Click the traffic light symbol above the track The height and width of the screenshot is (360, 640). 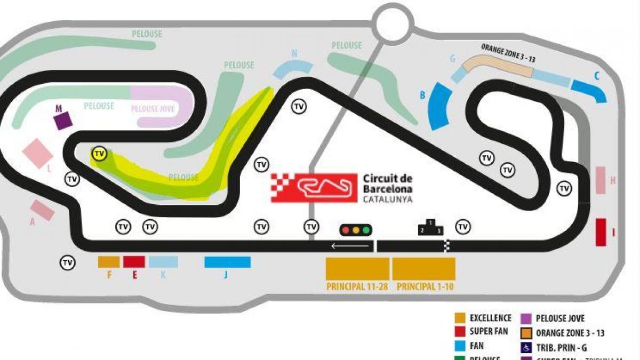tap(356, 230)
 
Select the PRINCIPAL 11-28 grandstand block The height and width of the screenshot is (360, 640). tap(357, 269)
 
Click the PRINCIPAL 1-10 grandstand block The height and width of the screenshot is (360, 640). tap(423, 269)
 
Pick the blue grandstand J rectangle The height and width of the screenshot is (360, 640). tap(227, 262)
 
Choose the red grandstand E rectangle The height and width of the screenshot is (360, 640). tap(134, 262)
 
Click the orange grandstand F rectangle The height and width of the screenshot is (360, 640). tap(109, 262)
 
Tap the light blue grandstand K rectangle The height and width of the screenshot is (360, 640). tap(163, 262)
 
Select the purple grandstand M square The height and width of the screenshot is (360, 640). tap(63, 121)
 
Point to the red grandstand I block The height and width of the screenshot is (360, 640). tap(601, 232)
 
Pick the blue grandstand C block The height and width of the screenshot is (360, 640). tap(589, 90)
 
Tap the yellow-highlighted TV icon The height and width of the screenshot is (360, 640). tap(99, 154)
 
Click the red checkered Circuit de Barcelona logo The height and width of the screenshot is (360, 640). tap(314, 188)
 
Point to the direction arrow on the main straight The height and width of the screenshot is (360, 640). tap(350, 246)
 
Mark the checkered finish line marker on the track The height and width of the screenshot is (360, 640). tap(447, 246)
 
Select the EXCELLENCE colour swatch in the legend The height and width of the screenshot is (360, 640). tap(460, 318)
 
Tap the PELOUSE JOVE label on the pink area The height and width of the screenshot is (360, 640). tap(153, 109)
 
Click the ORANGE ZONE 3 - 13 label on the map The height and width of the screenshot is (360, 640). tap(508, 53)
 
